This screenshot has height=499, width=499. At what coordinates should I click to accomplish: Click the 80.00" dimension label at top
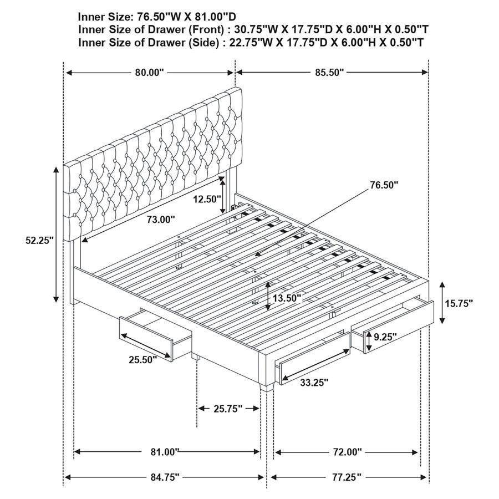click(x=149, y=73)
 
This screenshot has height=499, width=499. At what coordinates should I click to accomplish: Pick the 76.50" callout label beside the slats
click(x=384, y=185)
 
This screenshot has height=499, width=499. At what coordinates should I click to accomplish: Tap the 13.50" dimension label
click(x=286, y=298)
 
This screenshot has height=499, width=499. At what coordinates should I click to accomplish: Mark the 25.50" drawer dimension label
click(x=143, y=359)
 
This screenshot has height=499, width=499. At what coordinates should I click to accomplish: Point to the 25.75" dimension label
click(x=228, y=409)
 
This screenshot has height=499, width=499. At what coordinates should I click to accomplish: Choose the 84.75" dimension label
click(x=164, y=477)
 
